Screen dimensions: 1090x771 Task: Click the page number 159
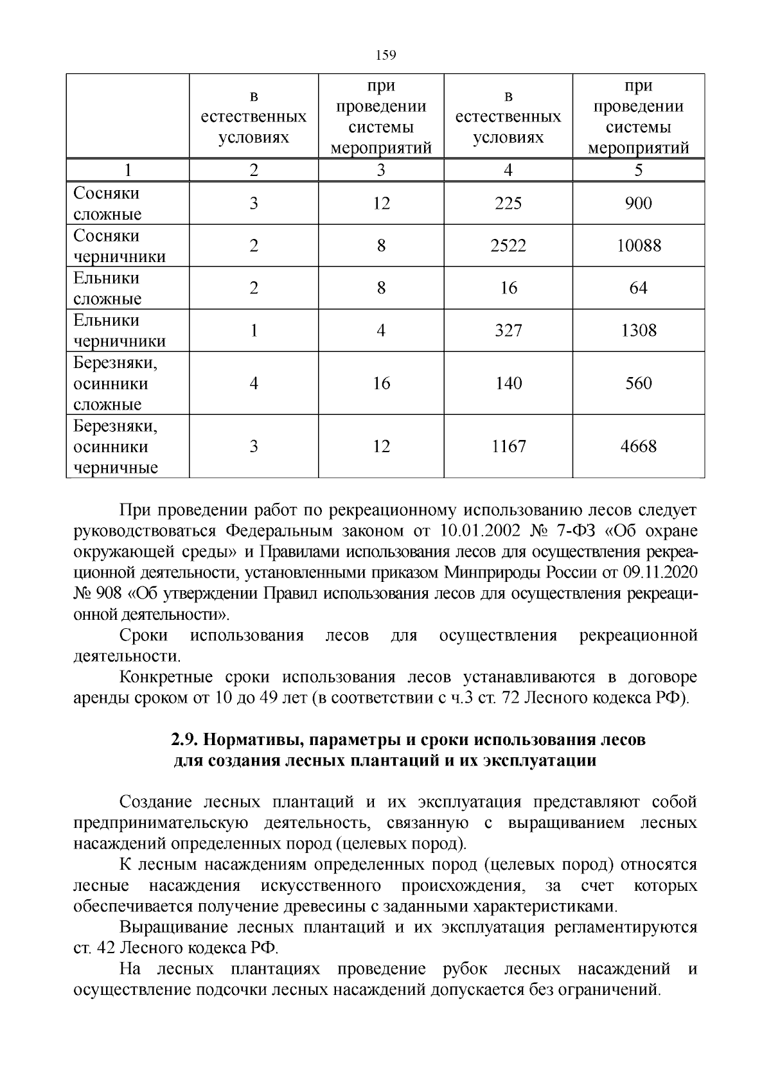click(385, 55)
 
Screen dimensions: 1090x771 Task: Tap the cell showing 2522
click(508, 245)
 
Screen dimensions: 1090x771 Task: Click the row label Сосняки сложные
click(107, 204)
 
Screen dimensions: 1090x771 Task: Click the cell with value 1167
click(508, 446)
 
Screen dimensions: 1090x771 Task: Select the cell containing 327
click(508, 330)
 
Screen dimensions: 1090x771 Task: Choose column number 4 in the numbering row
click(508, 170)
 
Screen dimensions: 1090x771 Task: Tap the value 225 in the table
click(508, 204)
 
